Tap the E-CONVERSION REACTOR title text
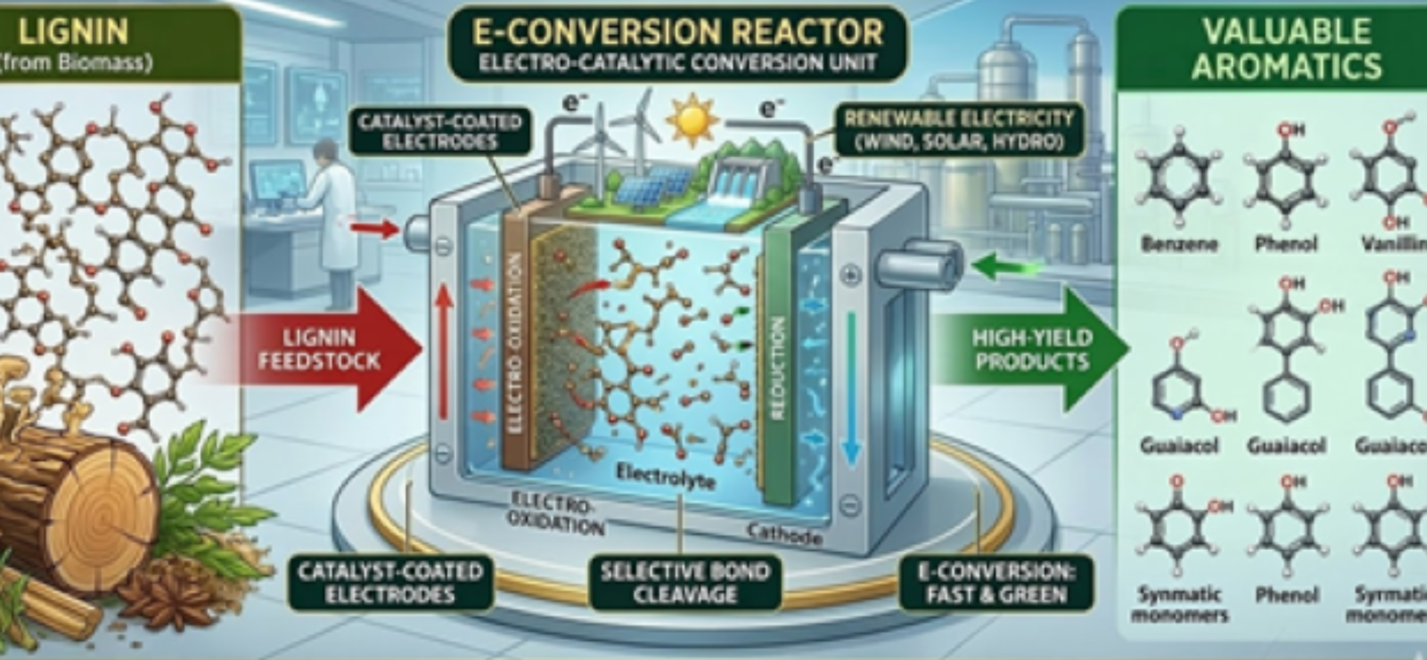click(x=678, y=32)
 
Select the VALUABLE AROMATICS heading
click(x=1287, y=49)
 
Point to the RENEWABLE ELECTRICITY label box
click(x=958, y=129)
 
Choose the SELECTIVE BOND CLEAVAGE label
click(x=685, y=583)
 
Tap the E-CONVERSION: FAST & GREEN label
click(x=996, y=583)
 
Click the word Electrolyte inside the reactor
click(x=665, y=476)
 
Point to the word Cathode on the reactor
click(x=784, y=533)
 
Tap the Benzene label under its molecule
click(x=1179, y=244)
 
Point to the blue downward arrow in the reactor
click(x=852, y=386)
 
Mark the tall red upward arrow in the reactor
click(x=444, y=349)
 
